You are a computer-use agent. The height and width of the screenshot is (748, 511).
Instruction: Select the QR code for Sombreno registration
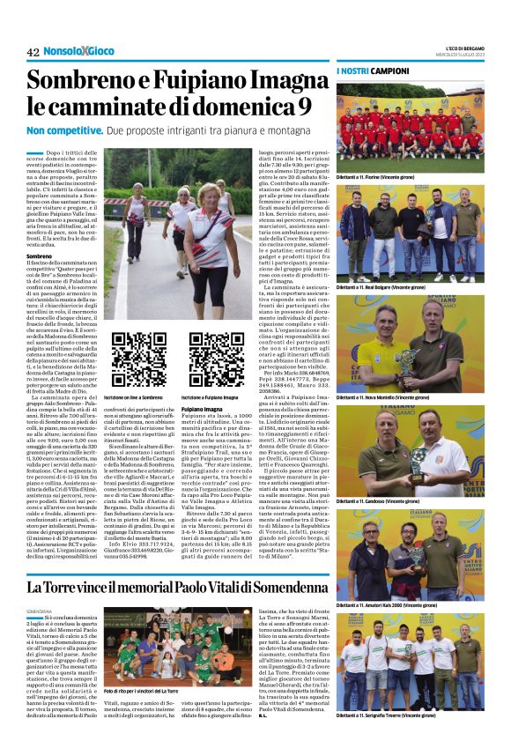click(138, 360)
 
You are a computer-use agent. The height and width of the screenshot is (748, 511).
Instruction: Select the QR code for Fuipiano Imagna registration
click(216, 360)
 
